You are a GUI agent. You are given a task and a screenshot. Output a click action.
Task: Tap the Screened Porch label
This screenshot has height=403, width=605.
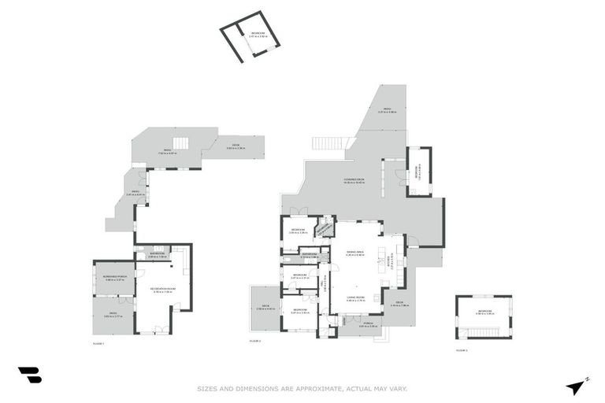click(116, 277)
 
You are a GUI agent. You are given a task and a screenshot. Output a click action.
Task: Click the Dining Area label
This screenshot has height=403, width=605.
click(355, 252)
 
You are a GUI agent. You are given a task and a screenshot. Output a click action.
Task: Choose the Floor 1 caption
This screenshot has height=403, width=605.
click(98, 344)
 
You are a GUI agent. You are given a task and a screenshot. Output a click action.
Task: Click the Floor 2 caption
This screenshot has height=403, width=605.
click(254, 341)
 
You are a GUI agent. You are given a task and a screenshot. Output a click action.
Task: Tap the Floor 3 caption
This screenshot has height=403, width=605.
click(462, 349)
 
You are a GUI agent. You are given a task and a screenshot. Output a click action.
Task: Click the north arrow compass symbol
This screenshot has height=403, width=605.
click(577, 386)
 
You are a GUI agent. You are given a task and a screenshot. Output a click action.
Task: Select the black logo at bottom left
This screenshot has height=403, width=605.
click(29, 375)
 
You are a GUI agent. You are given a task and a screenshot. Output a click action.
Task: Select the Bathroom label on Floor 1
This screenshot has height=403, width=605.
click(158, 253)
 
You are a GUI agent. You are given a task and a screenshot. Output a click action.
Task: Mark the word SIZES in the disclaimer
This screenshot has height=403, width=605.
click(208, 388)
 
